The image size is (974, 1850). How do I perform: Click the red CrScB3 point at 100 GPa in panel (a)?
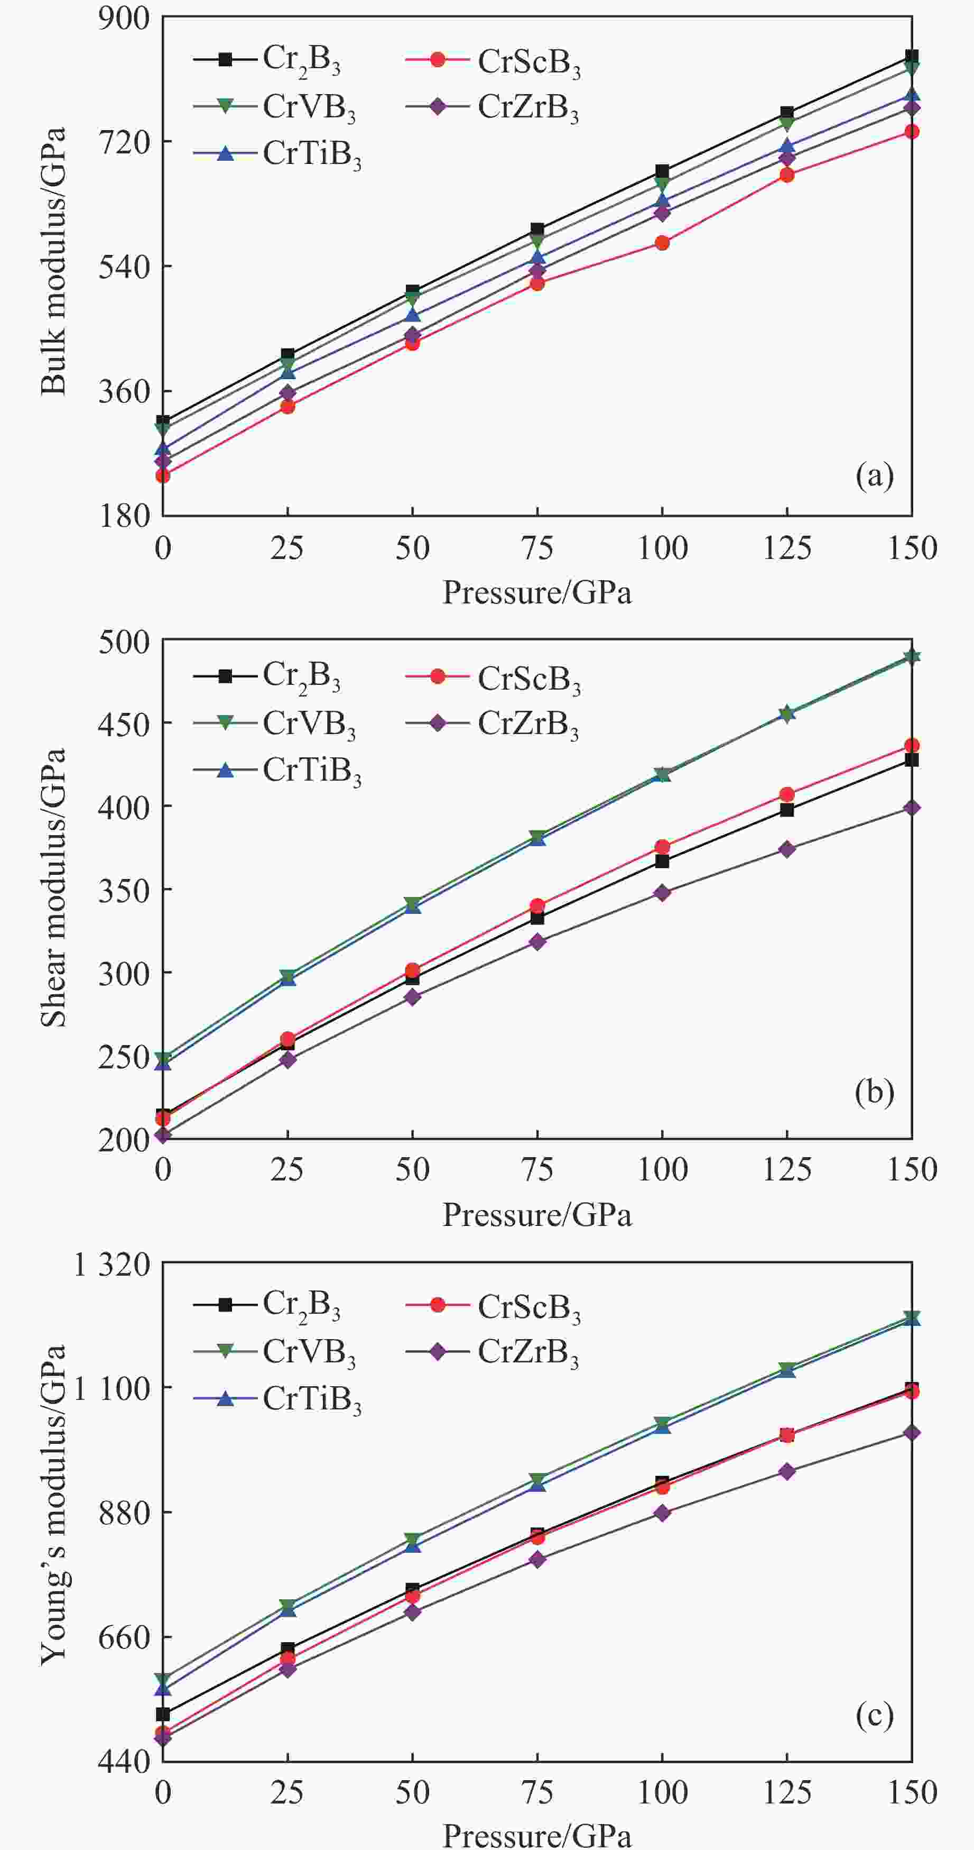662,243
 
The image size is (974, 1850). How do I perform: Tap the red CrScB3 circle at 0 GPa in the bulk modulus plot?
163,475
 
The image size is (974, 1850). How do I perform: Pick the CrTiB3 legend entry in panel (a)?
278,154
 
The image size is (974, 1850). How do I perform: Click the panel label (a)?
874,475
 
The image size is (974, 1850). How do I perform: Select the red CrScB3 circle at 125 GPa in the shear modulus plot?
787,794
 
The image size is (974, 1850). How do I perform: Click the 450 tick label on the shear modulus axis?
124,722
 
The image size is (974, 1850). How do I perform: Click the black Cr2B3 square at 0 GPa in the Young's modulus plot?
163,1714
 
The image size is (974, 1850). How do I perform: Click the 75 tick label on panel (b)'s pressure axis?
537,1169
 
